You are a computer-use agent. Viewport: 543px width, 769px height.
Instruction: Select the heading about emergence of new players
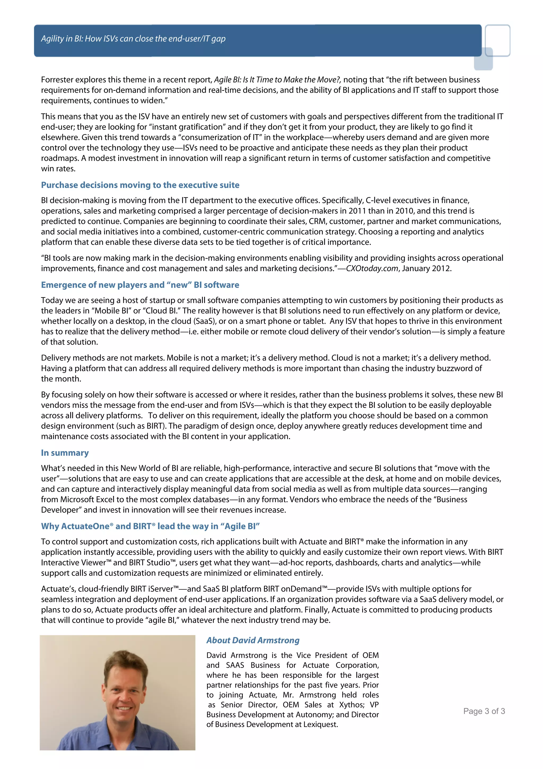coord(140,285)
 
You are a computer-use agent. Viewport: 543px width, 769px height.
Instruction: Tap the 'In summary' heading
coord(65,452)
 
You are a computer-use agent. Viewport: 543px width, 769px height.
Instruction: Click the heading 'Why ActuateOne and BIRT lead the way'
coord(150,526)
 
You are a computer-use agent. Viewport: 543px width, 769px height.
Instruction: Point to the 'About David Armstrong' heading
coord(253,640)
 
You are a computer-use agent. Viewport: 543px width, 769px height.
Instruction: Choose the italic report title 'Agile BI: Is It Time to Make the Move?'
coord(277,80)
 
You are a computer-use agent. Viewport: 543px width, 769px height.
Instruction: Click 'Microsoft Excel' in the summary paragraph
coord(87,499)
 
